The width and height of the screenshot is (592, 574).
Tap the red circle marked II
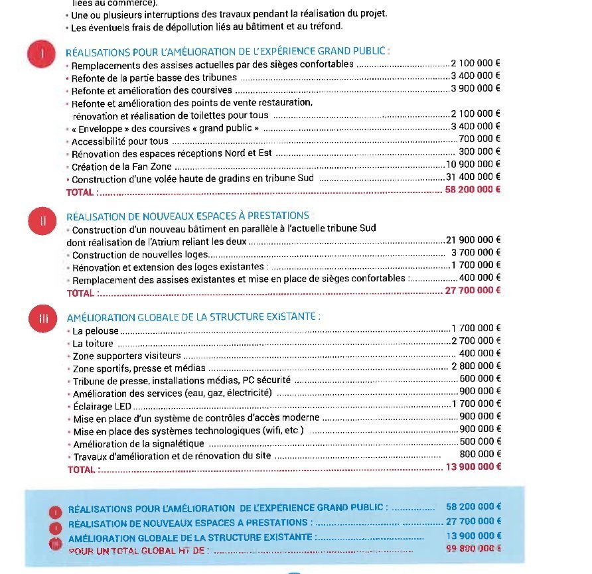[x=42, y=221]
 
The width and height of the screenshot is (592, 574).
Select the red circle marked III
[x=44, y=319]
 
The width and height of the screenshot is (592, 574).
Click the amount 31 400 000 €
[x=473, y=178]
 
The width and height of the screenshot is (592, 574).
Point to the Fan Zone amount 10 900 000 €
[x=473, y=165]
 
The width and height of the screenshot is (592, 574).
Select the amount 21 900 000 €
[x=474, y=240]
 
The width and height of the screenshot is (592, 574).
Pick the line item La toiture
[x=93, y=343]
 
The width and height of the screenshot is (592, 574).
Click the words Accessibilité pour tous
[x=119, y=141]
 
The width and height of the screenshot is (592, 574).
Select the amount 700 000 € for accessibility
[x=479, y=139]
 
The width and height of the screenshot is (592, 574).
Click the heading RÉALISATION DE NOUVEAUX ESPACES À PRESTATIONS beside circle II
[x=188, y=216]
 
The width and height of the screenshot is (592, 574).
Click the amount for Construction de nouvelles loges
[x=476, y=253]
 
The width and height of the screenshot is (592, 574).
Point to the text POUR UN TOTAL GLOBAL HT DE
[x=139, y=550]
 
